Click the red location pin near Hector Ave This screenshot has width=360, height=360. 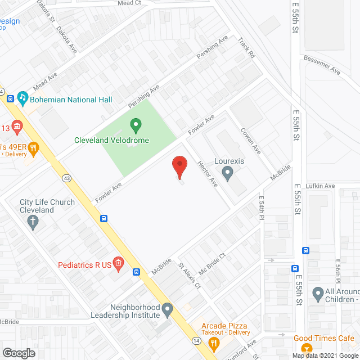[179, 166]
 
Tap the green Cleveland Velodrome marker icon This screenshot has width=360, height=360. [135, 124]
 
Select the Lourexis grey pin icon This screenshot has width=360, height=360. [227, 173]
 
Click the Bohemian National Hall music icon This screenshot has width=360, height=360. [22, 97]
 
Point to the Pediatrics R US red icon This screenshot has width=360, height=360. [118, 262]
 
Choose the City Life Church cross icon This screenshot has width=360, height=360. [33, 223]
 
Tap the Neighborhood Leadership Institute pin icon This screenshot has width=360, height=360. [167, 309]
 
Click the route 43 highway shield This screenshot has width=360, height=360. [66, 178]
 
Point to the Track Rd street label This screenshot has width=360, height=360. [246, 48]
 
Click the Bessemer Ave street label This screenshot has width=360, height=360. [322, 65]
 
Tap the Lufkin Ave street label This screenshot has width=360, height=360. [321, 186]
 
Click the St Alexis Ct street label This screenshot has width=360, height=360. [190, 276]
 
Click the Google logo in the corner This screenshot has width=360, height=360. [18, 353]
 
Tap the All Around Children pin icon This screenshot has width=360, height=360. [317, 293]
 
